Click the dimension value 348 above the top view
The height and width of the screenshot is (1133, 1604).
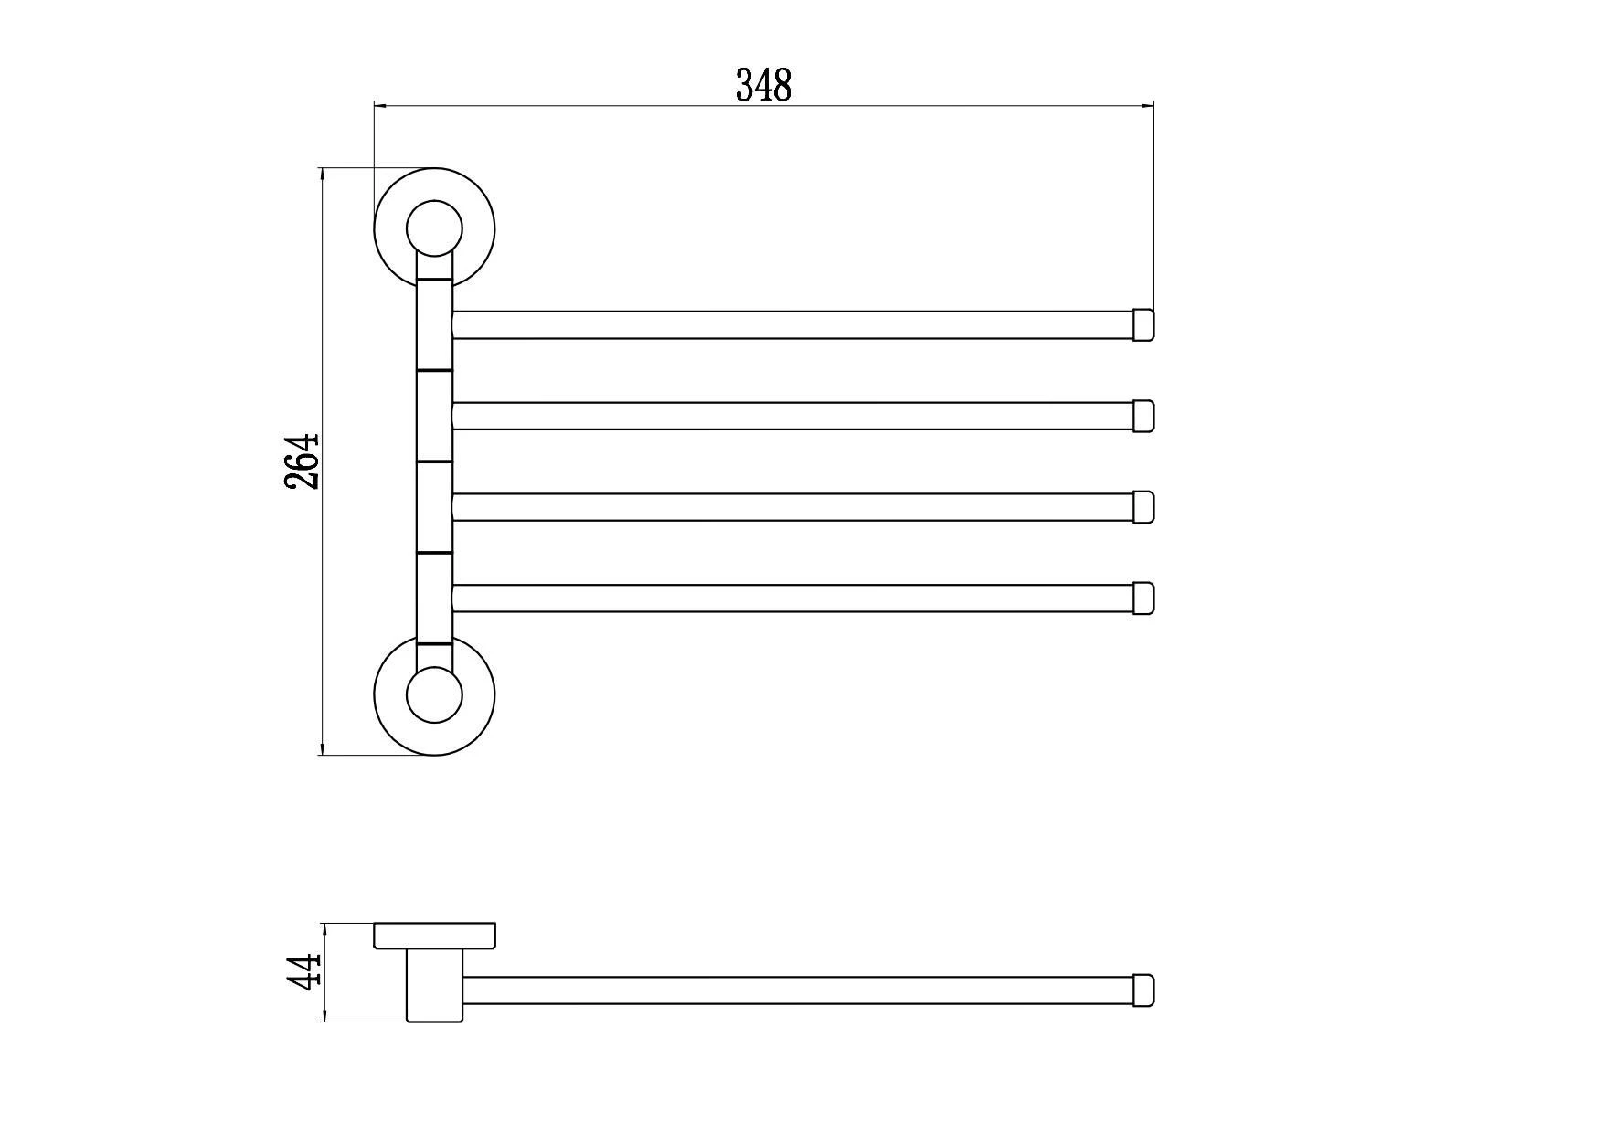(763, 85)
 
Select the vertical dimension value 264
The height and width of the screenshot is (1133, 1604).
(303, 461)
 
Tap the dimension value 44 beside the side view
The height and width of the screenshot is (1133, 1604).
(303, 971)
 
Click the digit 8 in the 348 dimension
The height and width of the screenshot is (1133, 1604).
(782, 85)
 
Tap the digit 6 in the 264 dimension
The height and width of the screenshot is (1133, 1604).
(303, 461)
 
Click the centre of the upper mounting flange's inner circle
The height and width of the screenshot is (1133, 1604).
(434, 228)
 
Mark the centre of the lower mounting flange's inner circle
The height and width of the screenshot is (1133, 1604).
(434, 695)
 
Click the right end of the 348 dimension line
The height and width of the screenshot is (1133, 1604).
(1154, 106)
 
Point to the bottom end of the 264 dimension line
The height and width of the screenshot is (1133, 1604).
(323, 755)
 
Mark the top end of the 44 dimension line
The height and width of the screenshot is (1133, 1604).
(324, 924)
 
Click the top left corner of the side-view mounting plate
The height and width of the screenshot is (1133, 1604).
(374, 924)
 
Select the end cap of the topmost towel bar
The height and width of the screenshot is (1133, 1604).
(1143, 324)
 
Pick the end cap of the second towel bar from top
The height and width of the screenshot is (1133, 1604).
(1143, 416)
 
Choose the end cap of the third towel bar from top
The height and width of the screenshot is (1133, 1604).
(1143, 507)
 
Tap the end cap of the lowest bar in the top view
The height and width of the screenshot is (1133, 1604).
(1143, 598)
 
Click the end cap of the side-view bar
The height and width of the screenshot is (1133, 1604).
(1143, 990)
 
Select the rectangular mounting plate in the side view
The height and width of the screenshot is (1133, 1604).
(434, 936)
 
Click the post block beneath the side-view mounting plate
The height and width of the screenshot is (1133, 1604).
(435, 985)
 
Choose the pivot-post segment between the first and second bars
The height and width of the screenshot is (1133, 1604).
(434, 324)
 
